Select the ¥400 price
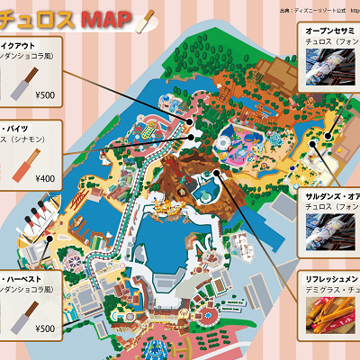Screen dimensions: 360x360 pyautogui.click(x=45, y=178)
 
